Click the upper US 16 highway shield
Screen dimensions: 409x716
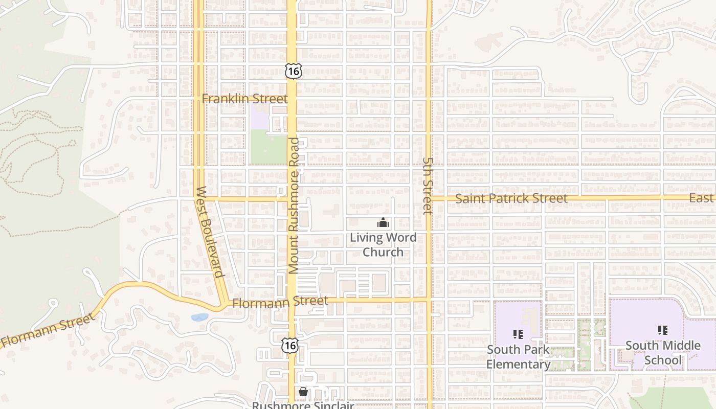click(x=293, y=71)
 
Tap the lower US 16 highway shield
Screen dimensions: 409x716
click(x=289, y=345)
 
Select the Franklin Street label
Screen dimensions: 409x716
click(x=244, y=99)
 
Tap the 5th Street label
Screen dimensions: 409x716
click(x=428, y=185)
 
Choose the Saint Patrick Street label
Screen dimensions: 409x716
click(x=511, y=198)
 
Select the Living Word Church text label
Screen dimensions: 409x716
click(x=383, y=245)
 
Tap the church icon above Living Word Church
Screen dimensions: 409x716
click(x=383, y=222)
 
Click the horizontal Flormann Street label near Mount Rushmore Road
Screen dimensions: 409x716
click(x=280, y=302)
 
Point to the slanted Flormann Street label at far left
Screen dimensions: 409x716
click(x=48, y=331)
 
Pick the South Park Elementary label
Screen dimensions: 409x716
click(x=518, y=357)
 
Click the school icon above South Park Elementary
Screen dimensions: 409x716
click(x=518, y=334)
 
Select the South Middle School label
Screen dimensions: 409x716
click(x=663, y=353)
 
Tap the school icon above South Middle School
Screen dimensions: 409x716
click(x=663, y=330)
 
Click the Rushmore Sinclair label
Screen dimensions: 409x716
click(x=303, y=405)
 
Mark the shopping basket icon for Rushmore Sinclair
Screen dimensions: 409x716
click(x=303, y=392)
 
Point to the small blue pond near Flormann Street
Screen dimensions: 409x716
click(x=199, y=317)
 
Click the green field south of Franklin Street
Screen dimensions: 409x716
click(x=267, y=147)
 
